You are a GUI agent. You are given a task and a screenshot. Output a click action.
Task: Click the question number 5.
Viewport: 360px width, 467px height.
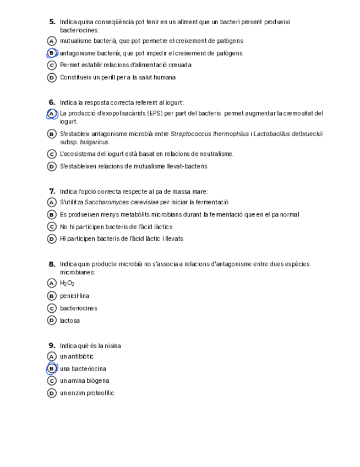52,22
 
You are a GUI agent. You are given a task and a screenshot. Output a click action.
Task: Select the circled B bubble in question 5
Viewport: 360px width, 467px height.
52,53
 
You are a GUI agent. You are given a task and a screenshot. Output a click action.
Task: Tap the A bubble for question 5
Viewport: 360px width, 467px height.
52,41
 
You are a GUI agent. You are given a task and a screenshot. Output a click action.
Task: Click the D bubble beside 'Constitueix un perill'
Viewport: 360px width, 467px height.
52,78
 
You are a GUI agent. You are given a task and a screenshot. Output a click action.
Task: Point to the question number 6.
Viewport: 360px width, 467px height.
52,102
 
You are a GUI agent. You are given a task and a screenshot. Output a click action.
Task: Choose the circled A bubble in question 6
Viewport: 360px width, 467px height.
52,114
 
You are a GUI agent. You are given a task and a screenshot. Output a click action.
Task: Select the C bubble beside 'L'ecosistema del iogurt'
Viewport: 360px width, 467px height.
52,154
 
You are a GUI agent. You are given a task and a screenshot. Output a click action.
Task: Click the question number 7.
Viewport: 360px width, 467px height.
52,192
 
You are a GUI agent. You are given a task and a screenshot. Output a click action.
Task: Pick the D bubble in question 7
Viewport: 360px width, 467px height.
52,239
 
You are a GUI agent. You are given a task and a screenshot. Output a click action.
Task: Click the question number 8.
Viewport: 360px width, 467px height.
52,264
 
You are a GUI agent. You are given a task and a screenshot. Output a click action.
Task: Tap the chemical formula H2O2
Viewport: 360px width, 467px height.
67,284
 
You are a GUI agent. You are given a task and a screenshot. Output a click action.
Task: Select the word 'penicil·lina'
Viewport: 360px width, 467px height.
74,296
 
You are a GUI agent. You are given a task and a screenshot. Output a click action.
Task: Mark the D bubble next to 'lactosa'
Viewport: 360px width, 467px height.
52,321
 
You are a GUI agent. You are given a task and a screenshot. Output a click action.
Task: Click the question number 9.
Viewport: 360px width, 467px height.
52,346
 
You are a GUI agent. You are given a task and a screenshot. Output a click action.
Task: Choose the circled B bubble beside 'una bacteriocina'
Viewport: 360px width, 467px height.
52,369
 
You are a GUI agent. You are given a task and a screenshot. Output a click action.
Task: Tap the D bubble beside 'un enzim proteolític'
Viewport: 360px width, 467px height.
52,393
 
